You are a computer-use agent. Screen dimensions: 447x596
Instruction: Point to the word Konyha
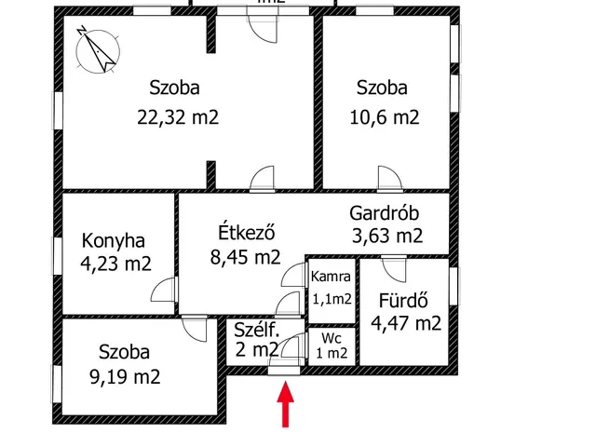click(113, 237)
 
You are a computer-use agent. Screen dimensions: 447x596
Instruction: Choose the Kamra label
click(331, 276)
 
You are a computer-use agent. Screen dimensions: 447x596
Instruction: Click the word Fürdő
click(402, 301)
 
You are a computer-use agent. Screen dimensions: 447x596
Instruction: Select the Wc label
click(332, 336)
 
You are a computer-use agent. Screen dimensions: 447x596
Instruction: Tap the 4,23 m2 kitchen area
click(116, 263)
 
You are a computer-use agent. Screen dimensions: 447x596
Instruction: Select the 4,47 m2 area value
click(406, 324)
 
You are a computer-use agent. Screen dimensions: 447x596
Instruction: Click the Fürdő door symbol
click(390, 271)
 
